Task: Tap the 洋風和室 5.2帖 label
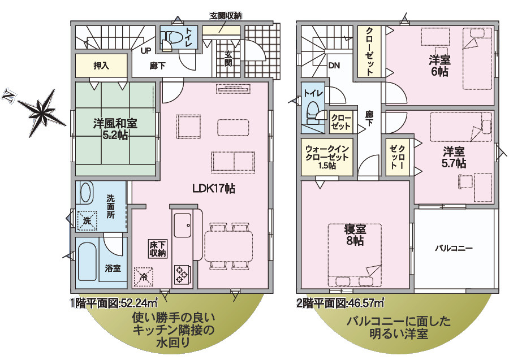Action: pos(115,129)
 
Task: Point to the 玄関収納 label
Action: pos(226,16)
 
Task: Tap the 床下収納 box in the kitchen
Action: pos(158,248)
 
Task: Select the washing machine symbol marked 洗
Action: pos(87,219)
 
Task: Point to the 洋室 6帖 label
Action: pos(439,67)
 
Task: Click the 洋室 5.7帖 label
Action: pos(454,157)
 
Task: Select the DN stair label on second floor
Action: pos(334,66)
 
